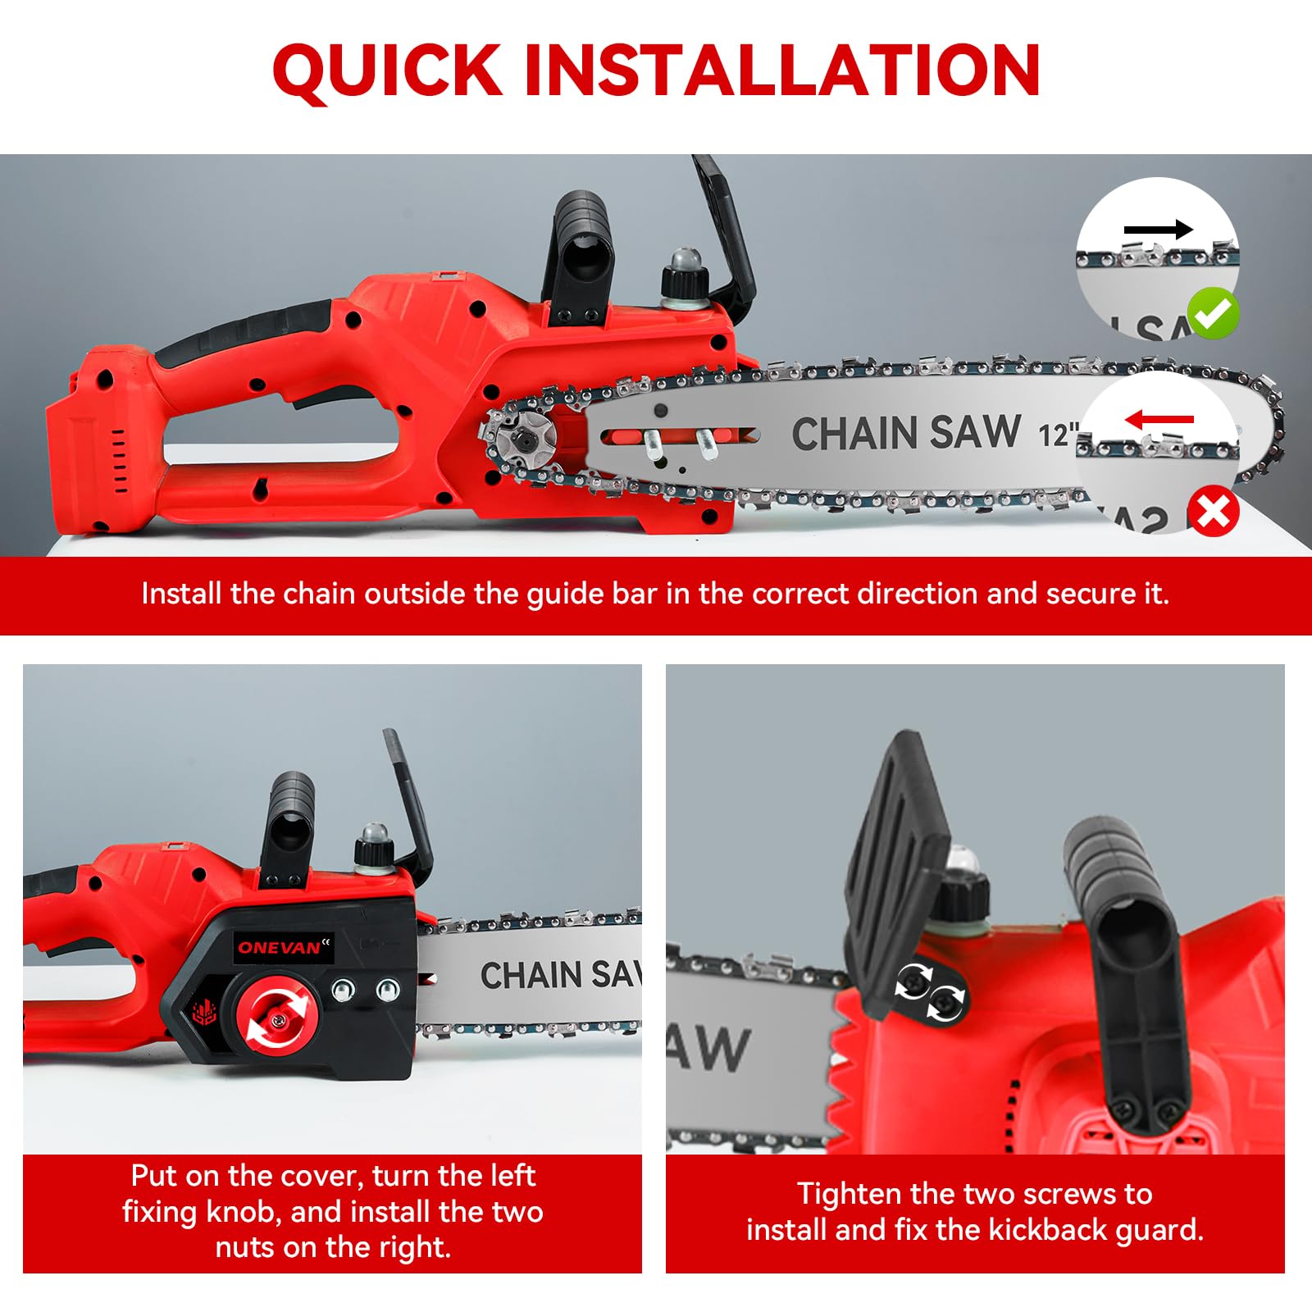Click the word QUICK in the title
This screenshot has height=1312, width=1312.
[x=387, y=71]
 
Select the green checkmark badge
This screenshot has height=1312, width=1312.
[x=1214, y=312]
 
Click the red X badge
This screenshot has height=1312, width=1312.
[x=1214, y=512]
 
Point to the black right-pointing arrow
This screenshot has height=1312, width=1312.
[x=1158, y=230]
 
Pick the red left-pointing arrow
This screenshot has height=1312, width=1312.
[x=1159, y=420]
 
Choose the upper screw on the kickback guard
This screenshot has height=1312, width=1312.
[x=913, y=981]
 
